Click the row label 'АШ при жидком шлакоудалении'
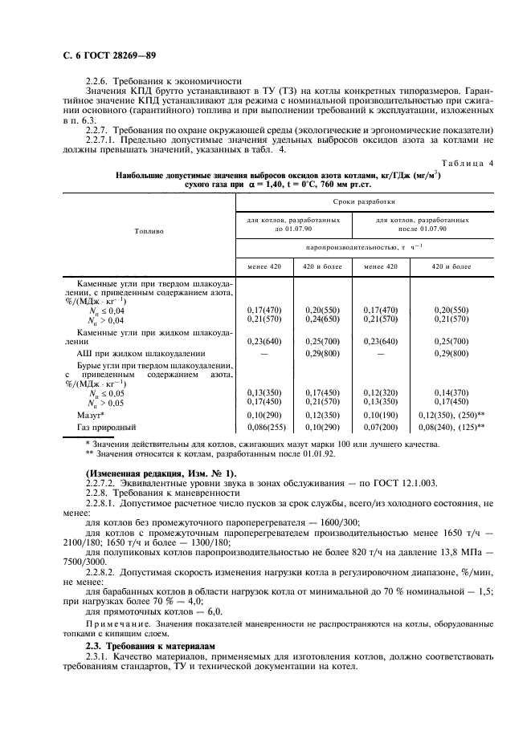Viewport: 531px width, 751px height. coord(140,353)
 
